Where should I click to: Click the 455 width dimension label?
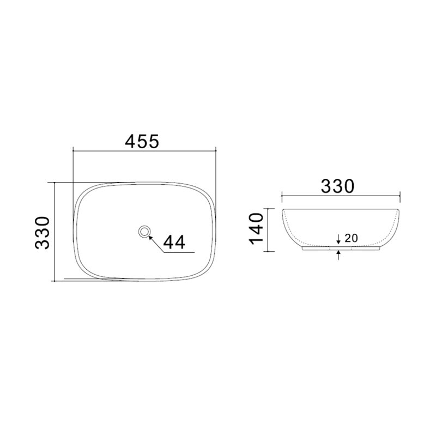(142, 141)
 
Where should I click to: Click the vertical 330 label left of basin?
(43, 233)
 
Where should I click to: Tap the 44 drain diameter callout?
(174, 242)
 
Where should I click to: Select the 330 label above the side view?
(337, 186)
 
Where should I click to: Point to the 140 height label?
(256, 229)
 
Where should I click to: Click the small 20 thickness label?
(351, 238)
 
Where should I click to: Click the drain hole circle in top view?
(144, 231)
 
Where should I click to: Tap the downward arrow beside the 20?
(338, 239)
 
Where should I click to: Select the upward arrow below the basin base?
(338, 255)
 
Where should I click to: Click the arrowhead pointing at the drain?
(150, 237)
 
